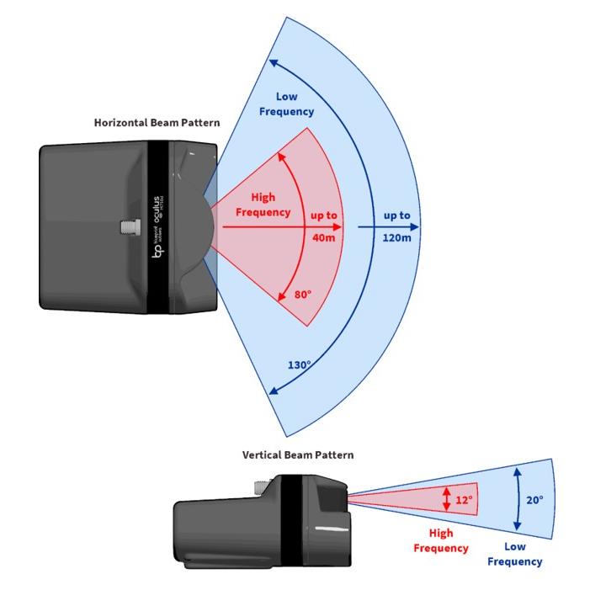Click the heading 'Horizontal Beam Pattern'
(x=157, y=123)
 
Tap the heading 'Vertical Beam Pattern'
(x=298, y=455)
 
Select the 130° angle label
(x=299, y=365)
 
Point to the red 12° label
(x=464, y=501)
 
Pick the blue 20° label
(x=534, y=499)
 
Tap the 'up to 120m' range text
(x=396, y=226)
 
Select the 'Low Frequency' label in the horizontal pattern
(x=286, y=104)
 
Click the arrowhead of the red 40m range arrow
(x=338, y=227)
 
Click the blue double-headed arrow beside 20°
(x=516, y=500)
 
